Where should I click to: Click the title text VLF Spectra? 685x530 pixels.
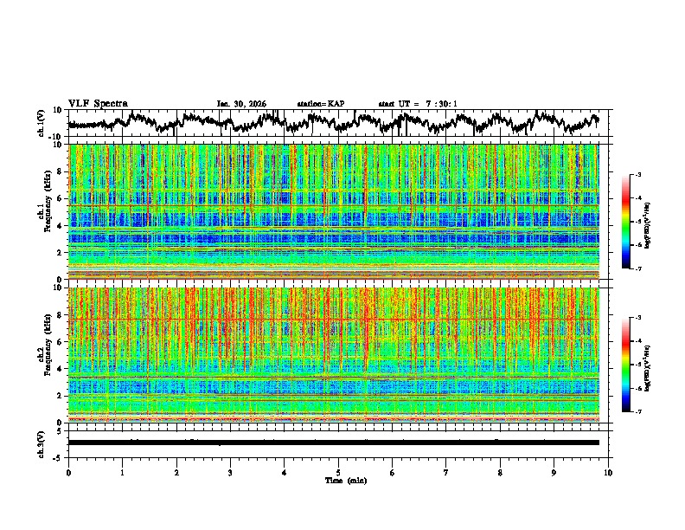click(98, 103)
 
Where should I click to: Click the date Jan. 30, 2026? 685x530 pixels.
click(241, 104)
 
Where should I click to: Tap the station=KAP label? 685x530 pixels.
click(321, 104)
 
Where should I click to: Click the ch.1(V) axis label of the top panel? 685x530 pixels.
click(42, 123)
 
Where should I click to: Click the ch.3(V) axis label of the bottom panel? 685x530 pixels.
click(42, 443)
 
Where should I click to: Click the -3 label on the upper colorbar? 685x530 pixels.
click(637, 175)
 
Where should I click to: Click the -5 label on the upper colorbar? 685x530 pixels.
click(637, 222)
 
